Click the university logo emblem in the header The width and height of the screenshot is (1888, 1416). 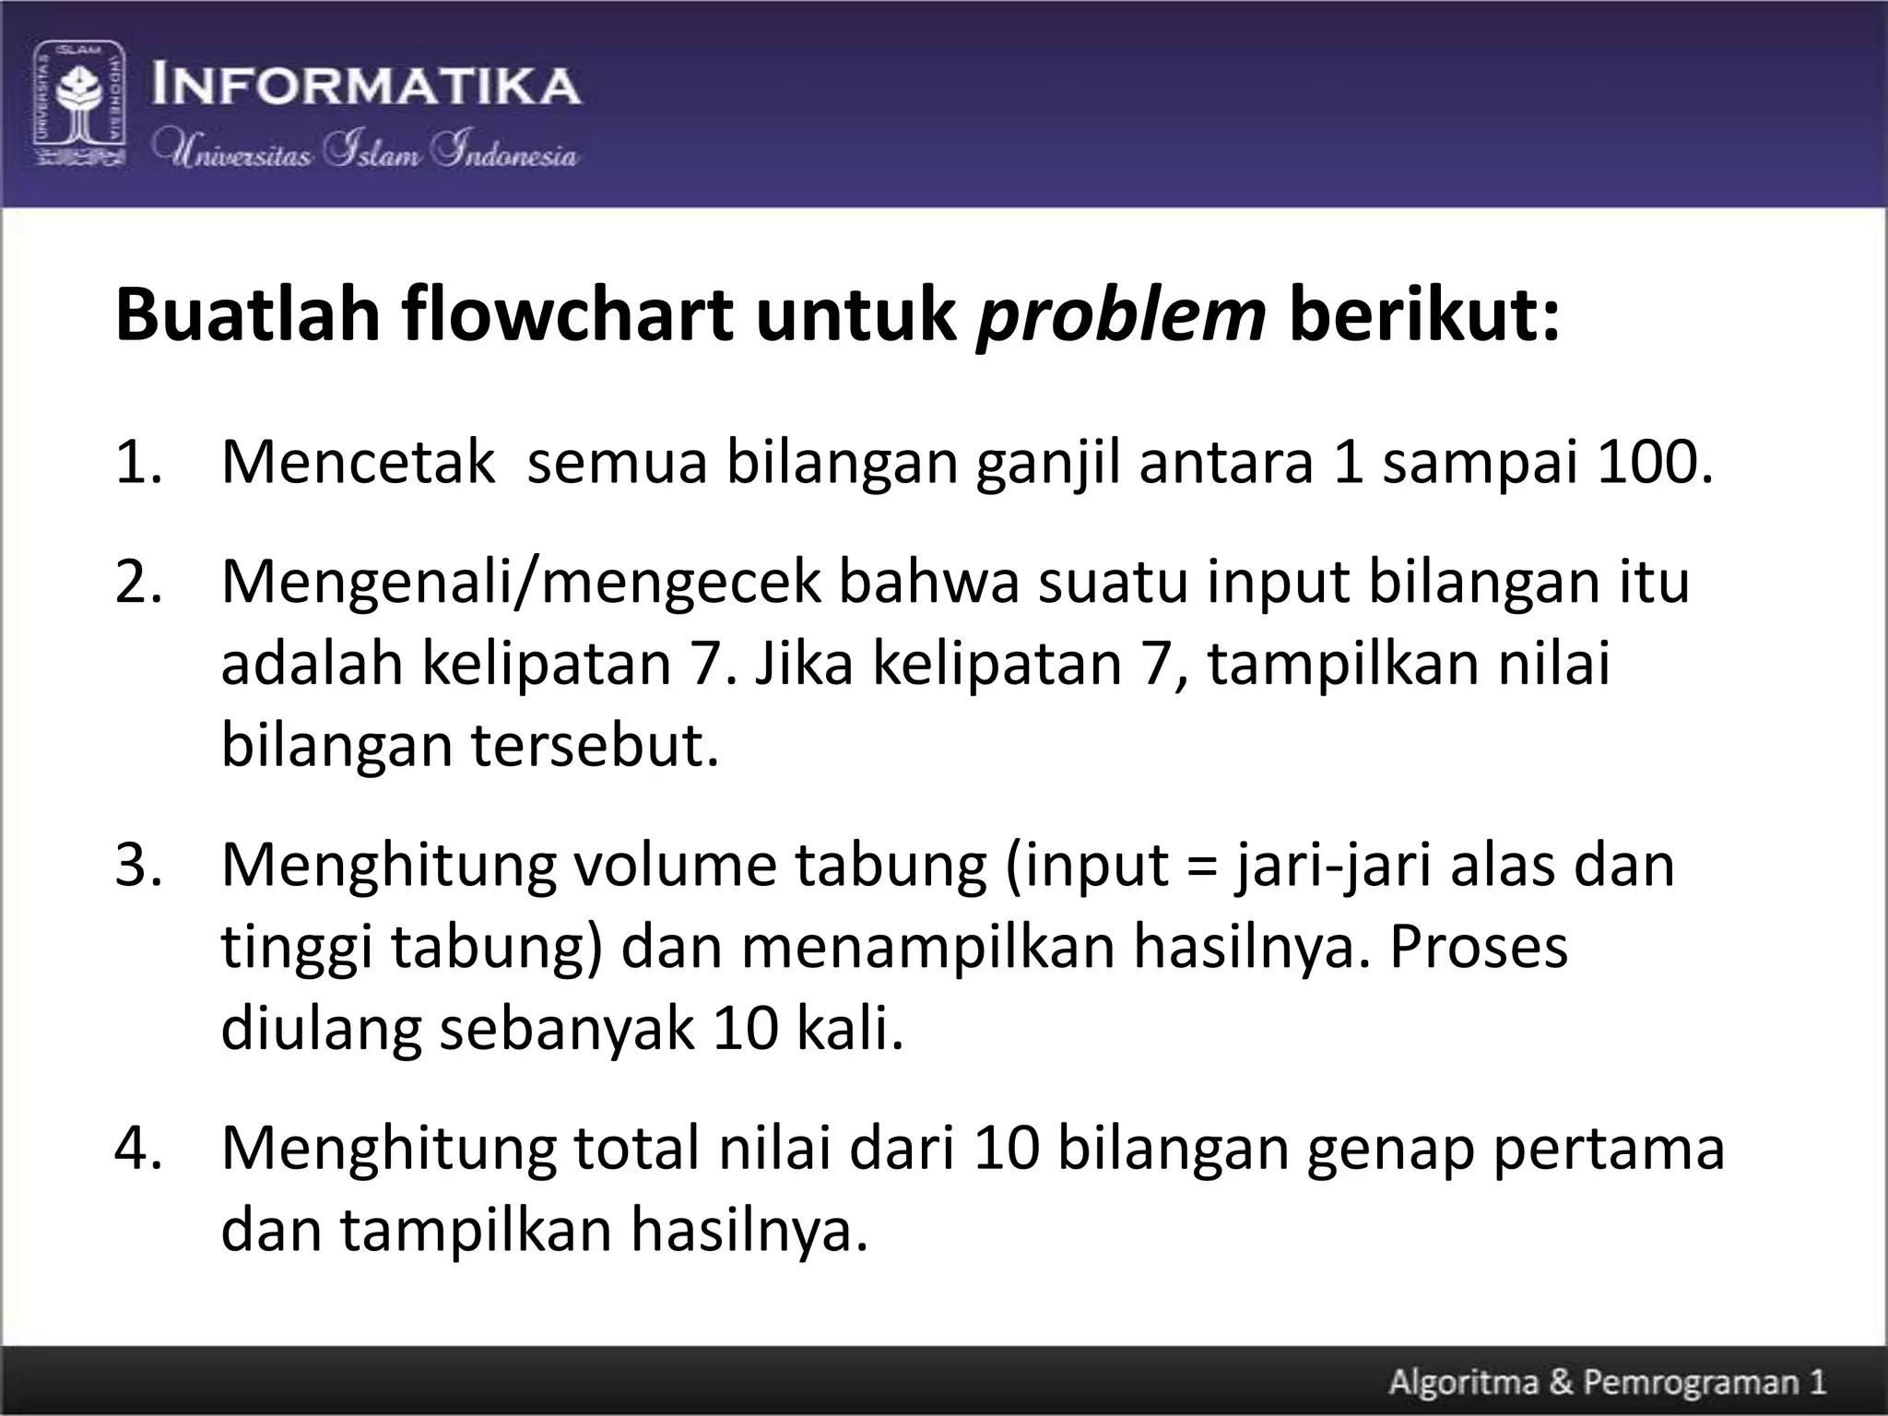click(80, 103)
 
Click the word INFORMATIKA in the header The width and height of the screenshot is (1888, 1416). click(366, 86)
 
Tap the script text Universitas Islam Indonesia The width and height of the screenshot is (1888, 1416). click(366, 150)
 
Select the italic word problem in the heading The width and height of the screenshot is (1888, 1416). click(1120, 315)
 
